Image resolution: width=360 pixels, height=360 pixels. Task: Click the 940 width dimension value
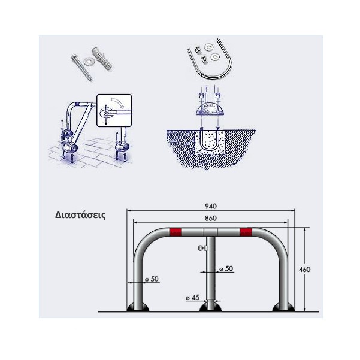point(210,206)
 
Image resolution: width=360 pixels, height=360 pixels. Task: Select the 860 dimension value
point(210,218)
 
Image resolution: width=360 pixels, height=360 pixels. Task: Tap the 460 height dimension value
point(304,270)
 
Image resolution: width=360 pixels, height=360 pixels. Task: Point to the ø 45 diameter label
point(193,298)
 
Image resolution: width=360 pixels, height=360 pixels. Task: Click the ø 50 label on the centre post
point(226,268)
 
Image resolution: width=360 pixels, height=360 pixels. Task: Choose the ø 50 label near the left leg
point(152,279)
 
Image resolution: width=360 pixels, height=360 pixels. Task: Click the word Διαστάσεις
point(80,216)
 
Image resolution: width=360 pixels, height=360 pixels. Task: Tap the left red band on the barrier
point(176,232)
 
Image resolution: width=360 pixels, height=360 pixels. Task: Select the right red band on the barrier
point(246,232)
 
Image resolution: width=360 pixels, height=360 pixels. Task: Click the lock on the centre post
point(202,248)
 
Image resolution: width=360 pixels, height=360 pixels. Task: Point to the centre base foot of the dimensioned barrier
point(210,308)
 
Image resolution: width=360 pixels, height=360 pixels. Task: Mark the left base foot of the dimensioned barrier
point(138,308)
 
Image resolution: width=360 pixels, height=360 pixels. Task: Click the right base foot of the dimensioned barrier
point(283,308)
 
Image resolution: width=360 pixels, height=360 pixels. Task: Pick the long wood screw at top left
point(81,68)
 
